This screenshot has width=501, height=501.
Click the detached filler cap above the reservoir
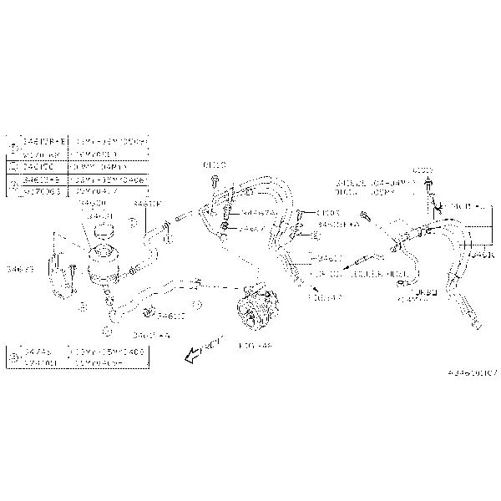click(x=103, y=230)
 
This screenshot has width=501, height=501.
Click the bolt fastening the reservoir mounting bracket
click(x=74, y=269)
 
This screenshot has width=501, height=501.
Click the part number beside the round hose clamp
click(x=170, y=316)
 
